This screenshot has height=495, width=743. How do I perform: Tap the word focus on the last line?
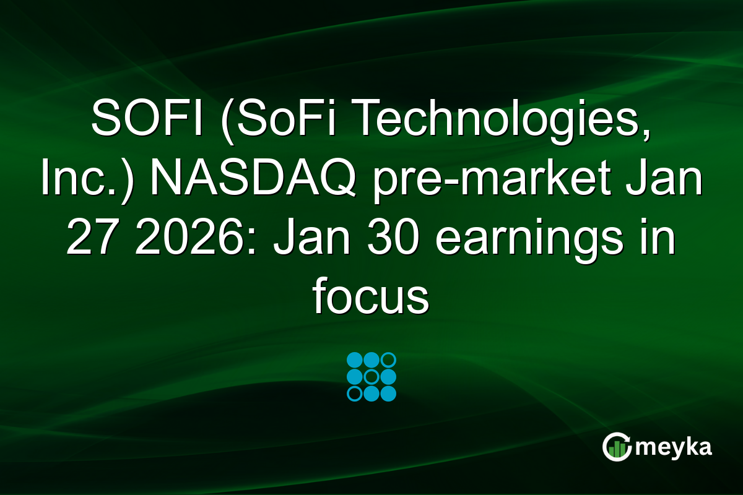pos(371,298)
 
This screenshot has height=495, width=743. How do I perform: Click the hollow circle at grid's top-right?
pos(388,360)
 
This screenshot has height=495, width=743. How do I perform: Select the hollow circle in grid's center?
pos(371,377)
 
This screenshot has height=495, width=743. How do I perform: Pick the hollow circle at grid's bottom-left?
pos(355,394)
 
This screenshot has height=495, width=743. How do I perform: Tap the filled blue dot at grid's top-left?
pos(355,360)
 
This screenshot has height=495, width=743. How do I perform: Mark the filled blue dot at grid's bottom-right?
pos(388,394)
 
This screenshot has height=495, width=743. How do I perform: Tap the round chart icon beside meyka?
pos(616,447)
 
